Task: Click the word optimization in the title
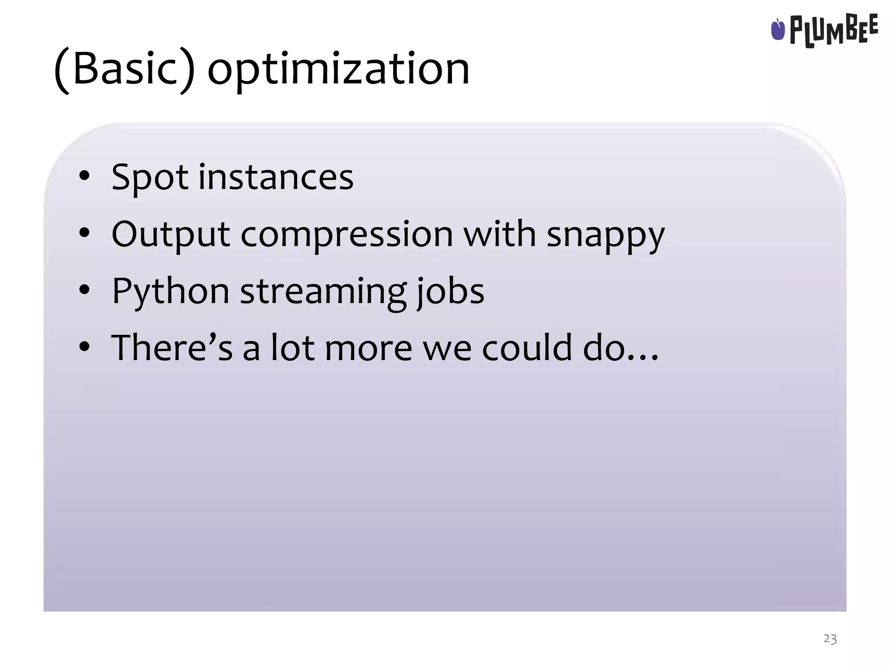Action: click(x=338, y=70)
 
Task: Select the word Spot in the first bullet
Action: click(x=150, y=177)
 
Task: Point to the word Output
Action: click(x=170, y=235)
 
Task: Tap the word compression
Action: click(x=347, y=235)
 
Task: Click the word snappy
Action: click(x=605, y=235)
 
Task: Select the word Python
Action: click(x=170, y=291)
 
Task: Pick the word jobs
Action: click(x=450, y=291)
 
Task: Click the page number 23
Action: click(x=830, y=639)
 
